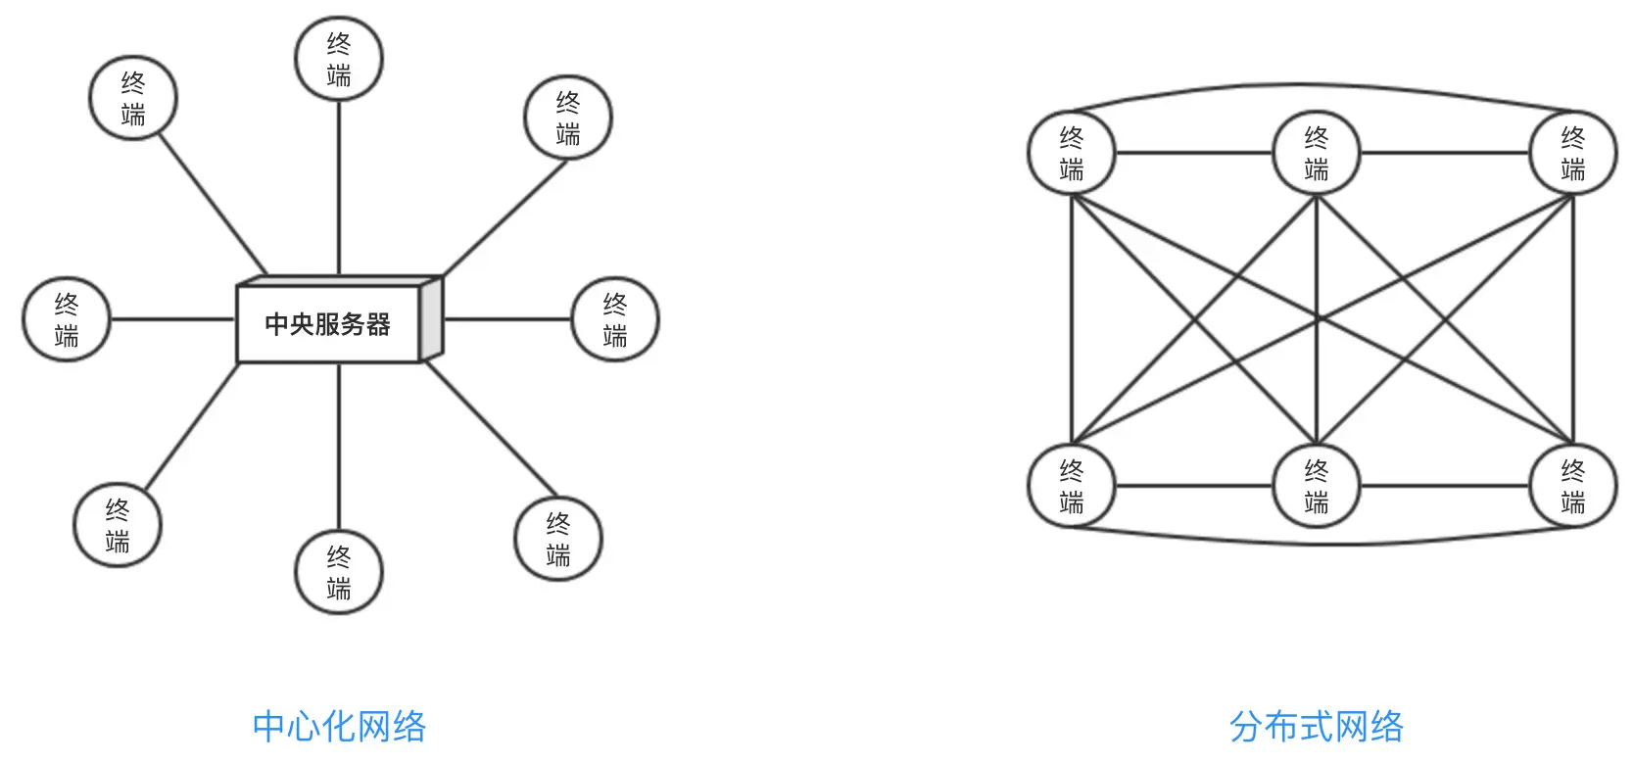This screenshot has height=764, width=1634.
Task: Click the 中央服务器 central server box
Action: pyautogui.click(x=327, y=323)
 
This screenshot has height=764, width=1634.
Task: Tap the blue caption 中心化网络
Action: pyautogui.click(x=339, y=727)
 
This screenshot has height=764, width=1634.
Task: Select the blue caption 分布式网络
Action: pyautogui.click(x=1316, y=727)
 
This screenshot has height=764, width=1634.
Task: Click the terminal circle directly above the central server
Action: pyautogui.click(x=339, y=59)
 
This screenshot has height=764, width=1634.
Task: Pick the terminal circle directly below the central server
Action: pyautogui.click(x=339, y=572)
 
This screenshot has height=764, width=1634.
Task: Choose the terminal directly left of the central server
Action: pyautogui.click(x=67, y=319)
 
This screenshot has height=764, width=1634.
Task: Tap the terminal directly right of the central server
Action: pyautogui.click(x=615, y=319)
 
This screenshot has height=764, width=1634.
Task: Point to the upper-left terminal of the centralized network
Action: pyautogui.click(x=133, y=98)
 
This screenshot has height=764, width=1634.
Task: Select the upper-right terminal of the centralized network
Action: pyautogui.click(x=568, y=118)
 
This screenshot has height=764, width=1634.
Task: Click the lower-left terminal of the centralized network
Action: pyautogui.click(x=118, y=525)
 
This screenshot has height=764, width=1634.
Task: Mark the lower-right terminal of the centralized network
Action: pyautogui.click(x=558, y=539)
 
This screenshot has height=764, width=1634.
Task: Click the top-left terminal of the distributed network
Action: pyautogui.click(x=1072, y=153)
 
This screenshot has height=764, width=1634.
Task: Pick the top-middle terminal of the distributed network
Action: pyautogui.click(x=1317, y=153)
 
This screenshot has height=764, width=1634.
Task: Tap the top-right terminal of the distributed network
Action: pyautogui.click(x=1573, y=153)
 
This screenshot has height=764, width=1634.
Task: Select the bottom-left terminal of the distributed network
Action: pyautogui.click(x=1072, y=486)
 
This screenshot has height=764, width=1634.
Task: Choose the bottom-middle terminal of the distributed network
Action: pyautogui.click(x=1317, y=486)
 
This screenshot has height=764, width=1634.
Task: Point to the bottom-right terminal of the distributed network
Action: pyautogui.click(x=1573, y=486)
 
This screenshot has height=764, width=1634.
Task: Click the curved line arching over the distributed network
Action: pyautogui.click(x=1317, y=85)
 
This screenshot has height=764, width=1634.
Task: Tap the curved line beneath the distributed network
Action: pyautogui.click(x=1317, y=543)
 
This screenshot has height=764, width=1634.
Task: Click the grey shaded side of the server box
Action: pyautogui.click(x=432, y=319)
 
